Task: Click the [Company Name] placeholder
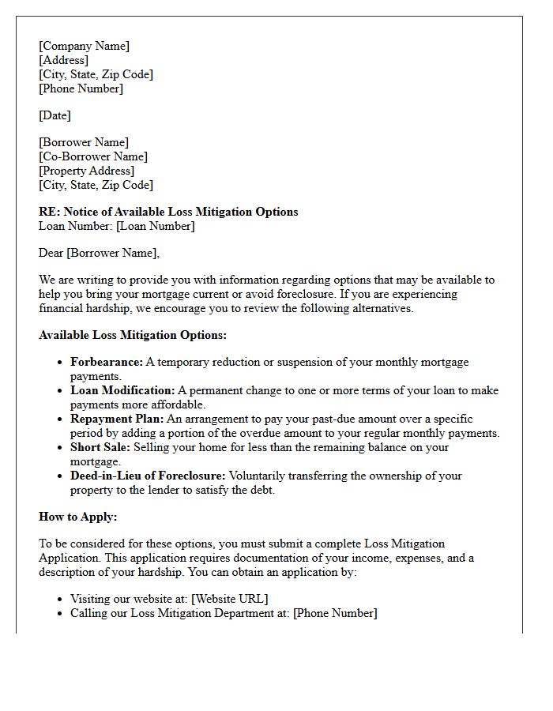tap(84, 46)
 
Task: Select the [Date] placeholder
tap(55, 115)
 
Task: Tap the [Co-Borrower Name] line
tap(93, 156)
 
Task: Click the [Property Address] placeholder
tap(86, 171)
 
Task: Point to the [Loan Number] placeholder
tap(155, 226)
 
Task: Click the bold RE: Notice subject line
tap(168, 212)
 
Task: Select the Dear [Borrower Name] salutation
tap(99, 253)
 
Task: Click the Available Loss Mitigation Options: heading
tap(133, 335)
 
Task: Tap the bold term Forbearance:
tap(107, 362)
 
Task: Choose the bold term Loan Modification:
tap(122, 390)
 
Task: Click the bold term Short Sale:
tap(100, 447)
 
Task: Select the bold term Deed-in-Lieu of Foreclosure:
tap(148, 476)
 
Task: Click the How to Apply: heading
tap(77, 517)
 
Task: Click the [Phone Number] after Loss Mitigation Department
tap(335, 613)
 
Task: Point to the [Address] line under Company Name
tap(63, 60)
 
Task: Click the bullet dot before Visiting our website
tap(59, 600)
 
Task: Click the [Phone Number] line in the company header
tap(81, 88)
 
